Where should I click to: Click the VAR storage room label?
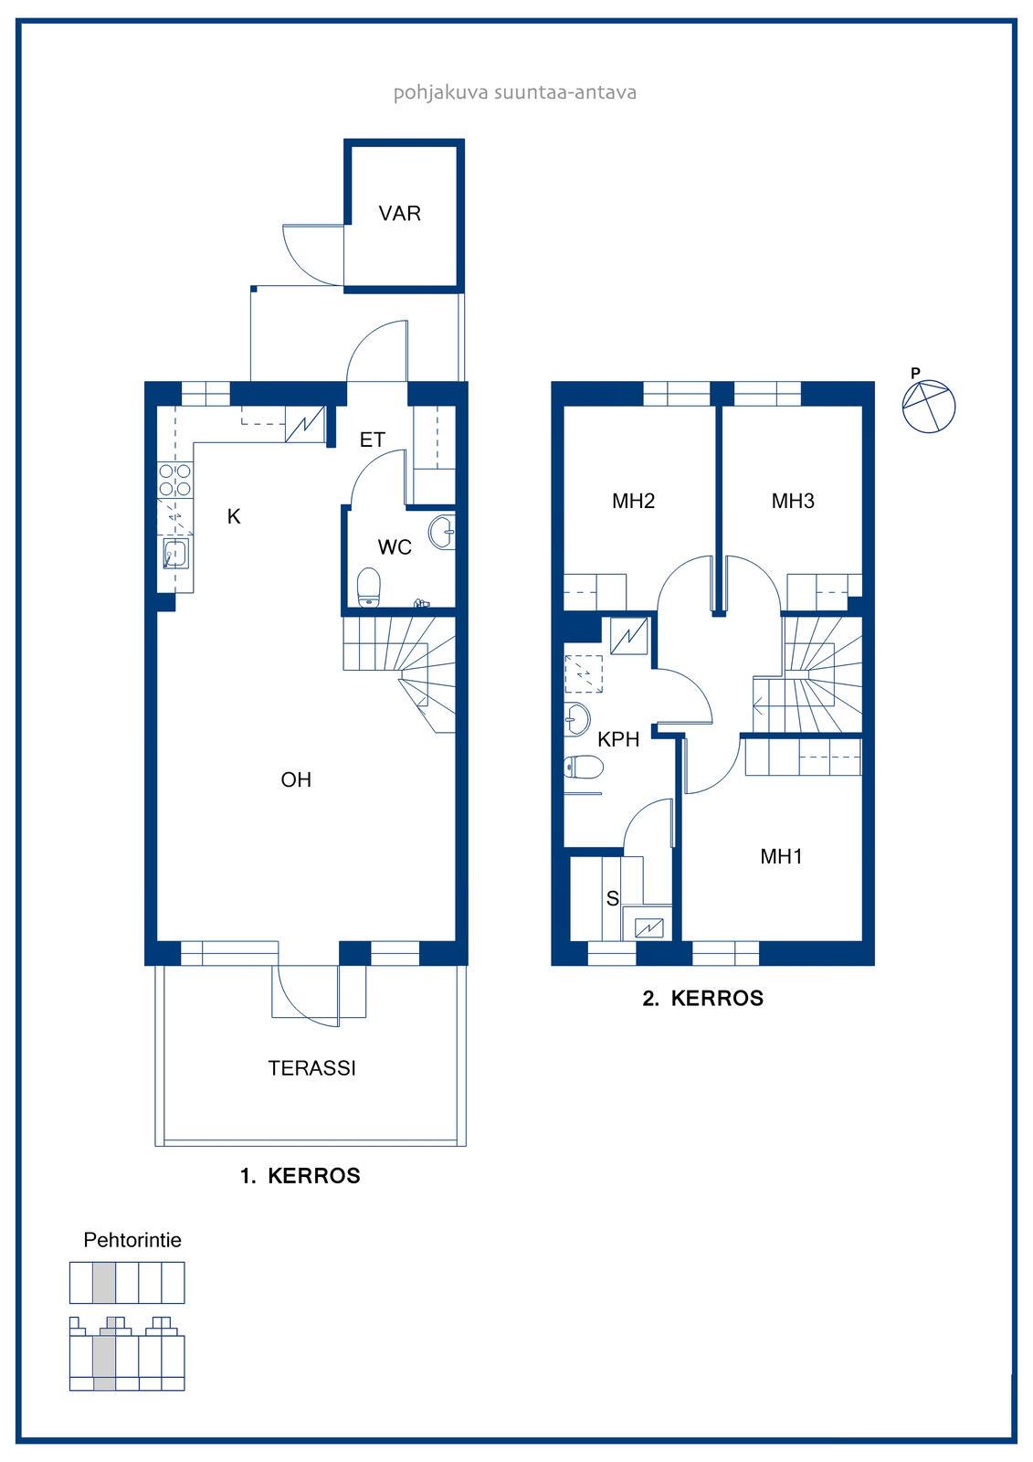399,214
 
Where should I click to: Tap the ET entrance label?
373,440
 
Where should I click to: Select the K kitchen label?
234,516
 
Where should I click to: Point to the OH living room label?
296,779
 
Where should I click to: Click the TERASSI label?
312,1068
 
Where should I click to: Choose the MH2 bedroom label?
633,501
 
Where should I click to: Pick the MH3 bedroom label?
793,501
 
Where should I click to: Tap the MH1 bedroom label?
781,856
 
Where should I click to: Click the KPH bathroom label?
618,739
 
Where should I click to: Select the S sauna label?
612,899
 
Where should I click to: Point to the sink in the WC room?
442,532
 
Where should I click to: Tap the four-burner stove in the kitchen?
175,480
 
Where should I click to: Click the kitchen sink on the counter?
176,554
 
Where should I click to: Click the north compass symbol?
928,406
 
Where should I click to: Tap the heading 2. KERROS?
702,999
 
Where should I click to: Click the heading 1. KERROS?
300,1176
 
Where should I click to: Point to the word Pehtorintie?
132,1240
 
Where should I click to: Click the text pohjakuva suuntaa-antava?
515,92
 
